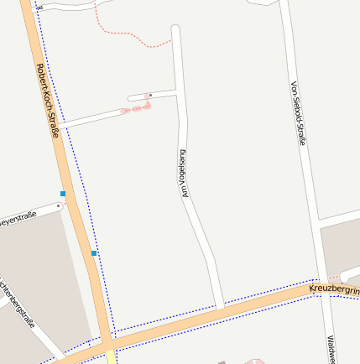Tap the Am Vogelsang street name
coord(182,174)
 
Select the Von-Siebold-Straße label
coord(297,113)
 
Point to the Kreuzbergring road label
coord(334,289)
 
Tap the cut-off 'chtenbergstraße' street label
coord(18,303)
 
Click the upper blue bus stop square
coord(63,194)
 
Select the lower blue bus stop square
coord(94,252)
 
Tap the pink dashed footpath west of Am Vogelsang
coord(136,108)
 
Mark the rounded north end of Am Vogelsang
coord(176,31)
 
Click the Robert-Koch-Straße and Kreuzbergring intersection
coord(107,343)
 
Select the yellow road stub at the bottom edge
coord(111,357)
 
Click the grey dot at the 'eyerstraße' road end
coord(59,205)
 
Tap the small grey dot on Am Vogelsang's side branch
coord(149,95)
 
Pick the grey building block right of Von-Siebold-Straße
coord(341,247)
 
